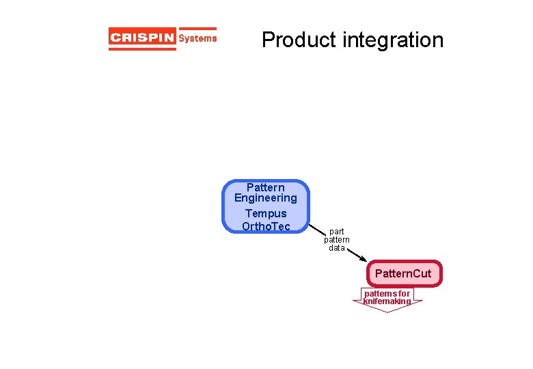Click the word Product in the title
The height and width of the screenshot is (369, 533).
tap(299, 40)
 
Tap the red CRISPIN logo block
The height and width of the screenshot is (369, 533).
tap(142, 38)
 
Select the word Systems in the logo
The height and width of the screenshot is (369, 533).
tap(197, 38)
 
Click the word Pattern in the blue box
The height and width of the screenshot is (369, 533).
tap(266, 187)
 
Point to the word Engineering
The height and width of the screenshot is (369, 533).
tap(266, 198)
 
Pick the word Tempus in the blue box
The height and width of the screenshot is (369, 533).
tap(266, 213)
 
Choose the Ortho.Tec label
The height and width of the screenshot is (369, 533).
tap(266, 226)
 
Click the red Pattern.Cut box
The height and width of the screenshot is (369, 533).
tap(403, 273)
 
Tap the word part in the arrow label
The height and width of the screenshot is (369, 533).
tap(336, 232)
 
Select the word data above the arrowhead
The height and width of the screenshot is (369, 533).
tap(336, 248)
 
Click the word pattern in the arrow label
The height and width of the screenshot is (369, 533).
tap(336, 240)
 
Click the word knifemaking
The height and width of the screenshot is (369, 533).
tap(387, 301)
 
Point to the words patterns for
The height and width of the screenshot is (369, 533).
tap(387, 294)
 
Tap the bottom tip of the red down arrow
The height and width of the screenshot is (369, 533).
tap(387, 312)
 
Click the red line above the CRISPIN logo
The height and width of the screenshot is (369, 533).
tap(163, 29)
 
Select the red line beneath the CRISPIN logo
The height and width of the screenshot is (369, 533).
tap(163, 49)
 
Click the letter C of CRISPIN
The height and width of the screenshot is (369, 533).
tap(115, 38)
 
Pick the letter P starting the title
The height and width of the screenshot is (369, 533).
tap(268, 40)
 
